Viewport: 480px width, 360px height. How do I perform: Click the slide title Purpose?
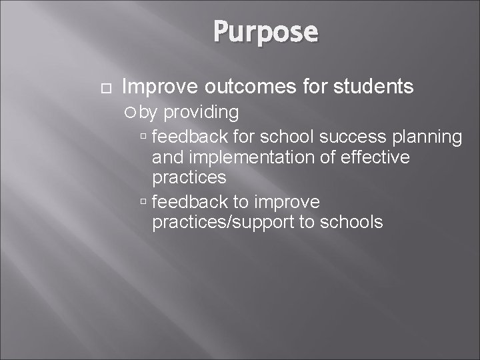pyautogui.click(x=266, y=31)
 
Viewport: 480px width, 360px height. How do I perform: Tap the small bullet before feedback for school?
pyautogui.click(x=145, y=137)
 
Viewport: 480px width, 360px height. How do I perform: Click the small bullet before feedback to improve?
pyautogui.click(x=145, y=201)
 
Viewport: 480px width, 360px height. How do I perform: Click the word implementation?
pyautogui.click(x=253, y=158)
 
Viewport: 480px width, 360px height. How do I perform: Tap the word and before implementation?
pyautogui.click(x=167, y=158)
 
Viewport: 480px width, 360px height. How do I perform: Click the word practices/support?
pyautogui.click(x=223, y=222)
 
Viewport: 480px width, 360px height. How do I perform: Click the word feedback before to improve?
pyautogui.click(x=189, y=201)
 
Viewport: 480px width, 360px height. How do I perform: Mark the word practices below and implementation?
pyautogui.click(x=189, y=179)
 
